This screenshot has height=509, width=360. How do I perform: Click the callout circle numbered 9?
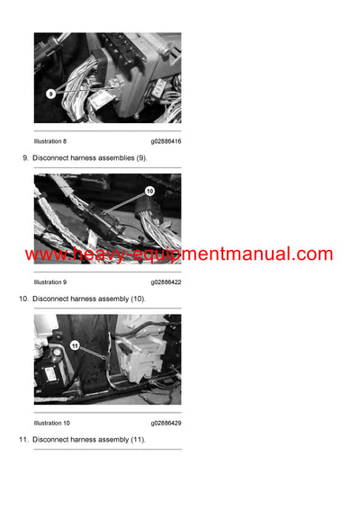51,93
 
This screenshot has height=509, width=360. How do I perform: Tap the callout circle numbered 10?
149,192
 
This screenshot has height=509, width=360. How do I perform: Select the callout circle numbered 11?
75,345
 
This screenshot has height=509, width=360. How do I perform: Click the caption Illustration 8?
49,141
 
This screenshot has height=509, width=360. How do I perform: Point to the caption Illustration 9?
49,282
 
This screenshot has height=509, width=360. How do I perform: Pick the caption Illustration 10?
51,423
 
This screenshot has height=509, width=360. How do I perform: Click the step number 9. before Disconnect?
24,158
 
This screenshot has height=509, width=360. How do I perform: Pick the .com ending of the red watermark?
314,254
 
